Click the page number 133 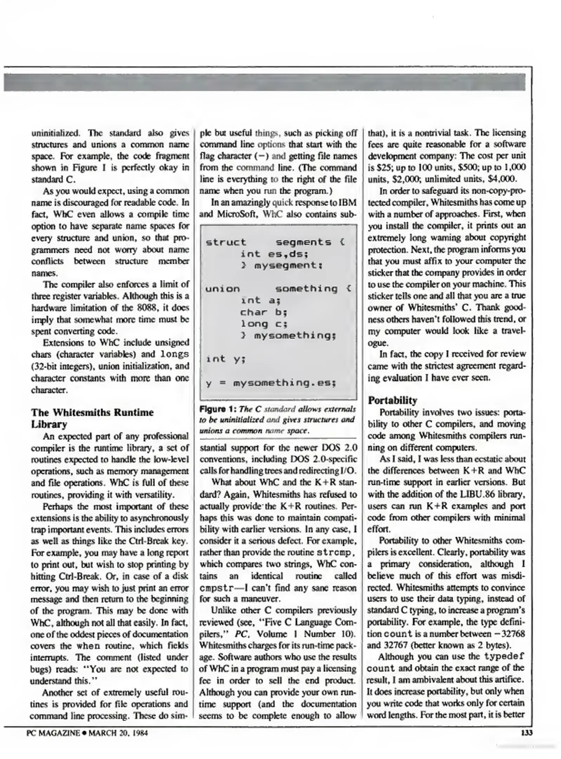(x=527, y=733)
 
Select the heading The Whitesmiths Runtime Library (x=92, y=418)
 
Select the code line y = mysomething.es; (x=271, y=382)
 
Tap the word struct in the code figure (x=226, y=242)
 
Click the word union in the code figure (x=222, y=289)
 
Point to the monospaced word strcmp (x=333, y=552)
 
